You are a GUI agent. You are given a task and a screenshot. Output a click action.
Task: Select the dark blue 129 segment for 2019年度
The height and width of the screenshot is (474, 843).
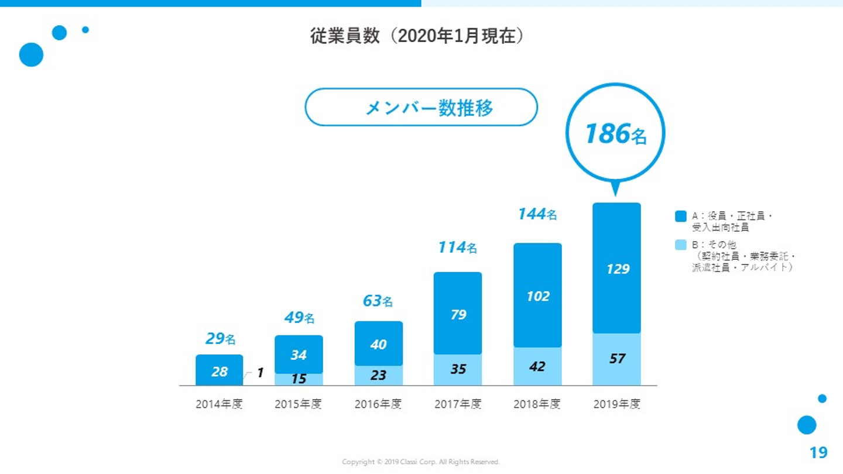616,268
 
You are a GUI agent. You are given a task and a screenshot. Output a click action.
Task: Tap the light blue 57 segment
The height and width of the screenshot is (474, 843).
616,359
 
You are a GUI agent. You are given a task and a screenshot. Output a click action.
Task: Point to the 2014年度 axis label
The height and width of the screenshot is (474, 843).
219,404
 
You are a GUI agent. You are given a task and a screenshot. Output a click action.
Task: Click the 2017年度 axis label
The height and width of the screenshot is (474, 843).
458,404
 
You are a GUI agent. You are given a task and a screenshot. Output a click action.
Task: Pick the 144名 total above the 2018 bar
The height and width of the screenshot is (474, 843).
537,214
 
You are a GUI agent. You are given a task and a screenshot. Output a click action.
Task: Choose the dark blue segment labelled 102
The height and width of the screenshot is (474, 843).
537,296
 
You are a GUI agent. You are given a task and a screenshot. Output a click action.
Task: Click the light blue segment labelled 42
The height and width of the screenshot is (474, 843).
537,366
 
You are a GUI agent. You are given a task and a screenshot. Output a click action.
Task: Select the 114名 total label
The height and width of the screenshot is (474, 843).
457,248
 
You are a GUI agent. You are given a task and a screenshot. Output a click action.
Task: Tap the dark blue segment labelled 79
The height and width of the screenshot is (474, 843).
458,314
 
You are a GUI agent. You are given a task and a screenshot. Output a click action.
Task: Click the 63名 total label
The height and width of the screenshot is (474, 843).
378,301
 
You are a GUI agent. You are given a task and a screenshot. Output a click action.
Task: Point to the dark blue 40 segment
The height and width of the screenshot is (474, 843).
378,344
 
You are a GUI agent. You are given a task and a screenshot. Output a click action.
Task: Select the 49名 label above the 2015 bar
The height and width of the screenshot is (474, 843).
299,318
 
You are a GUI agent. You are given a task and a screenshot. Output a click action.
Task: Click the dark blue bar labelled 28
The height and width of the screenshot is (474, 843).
219,370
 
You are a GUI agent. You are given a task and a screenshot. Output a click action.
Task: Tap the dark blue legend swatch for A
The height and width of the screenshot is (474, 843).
680,217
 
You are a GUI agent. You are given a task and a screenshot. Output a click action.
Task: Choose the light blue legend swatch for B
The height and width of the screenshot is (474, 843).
680,245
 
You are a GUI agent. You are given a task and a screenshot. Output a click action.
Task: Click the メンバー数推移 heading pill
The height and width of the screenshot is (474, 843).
421,108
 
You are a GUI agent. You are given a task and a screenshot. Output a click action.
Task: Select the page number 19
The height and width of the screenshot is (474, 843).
818,452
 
